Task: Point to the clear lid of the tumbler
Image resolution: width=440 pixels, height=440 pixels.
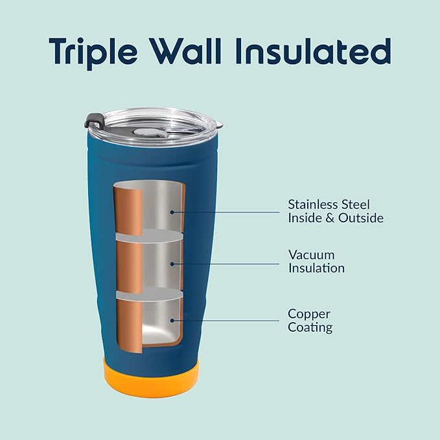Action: pyautogui.click(x=156, y=123)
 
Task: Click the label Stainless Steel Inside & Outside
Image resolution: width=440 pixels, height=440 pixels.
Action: pyautogui.click(x=335, y=211)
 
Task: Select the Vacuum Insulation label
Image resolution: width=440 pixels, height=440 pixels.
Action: pyautogui.click(x=316, y=261)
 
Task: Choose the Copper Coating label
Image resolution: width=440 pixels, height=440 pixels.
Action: pyautogui.click(x=310, y=321)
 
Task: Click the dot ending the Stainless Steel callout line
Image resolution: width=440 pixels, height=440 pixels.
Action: pyautogui.click(x=172, y=211)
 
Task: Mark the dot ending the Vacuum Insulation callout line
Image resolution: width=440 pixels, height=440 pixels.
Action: pyautogui.click(x=172, y=264)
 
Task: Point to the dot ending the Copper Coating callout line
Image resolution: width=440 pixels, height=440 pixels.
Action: pyautogui.click(x=172, y=321)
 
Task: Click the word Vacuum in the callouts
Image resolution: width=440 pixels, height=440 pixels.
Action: pyautogui.click(x=311, y=255)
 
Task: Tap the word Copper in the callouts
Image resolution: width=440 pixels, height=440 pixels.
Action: pyautogui.click(x=309, y=314)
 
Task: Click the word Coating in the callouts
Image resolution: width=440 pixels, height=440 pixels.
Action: pyautogui.click(x=310, y=328)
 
